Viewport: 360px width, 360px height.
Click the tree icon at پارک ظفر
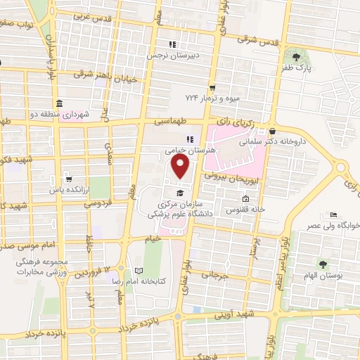[x=296, y=56]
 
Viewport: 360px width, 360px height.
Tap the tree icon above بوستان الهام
[x=323, y=264]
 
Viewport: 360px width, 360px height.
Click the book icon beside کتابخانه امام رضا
[x=139, y=271]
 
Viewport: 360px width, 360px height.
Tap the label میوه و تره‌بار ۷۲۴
[x=212, y=98]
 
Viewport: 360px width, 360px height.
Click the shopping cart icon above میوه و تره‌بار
[x=212, y=87]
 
